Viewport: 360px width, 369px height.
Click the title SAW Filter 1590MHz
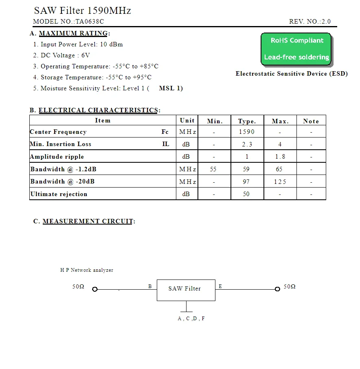(82, 11)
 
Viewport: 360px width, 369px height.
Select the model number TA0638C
(90, 22)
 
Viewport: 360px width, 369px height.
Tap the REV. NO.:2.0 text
(310, 22)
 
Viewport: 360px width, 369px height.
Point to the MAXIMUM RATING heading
(73, 33)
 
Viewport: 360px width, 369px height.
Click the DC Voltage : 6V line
(61, 55)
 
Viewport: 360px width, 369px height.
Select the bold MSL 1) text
(171, 88)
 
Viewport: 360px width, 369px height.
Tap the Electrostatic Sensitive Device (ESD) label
(292, 74)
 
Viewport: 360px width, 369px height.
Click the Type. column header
(247, 121)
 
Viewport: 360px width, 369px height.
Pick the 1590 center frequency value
(247, 132)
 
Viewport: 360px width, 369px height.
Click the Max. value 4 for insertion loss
(280, 144)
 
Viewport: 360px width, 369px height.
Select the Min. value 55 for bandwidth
(213, 169)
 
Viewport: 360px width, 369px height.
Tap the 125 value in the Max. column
(280, 182)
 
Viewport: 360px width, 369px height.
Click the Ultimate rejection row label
(59, 194)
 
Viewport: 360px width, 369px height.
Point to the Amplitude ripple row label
(57, 157)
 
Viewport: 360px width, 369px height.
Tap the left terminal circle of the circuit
(95, 289)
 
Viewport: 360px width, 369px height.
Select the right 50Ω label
(290, 287)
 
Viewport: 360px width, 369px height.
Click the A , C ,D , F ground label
(191, 319)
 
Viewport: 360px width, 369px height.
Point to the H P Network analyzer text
(87, 270)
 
